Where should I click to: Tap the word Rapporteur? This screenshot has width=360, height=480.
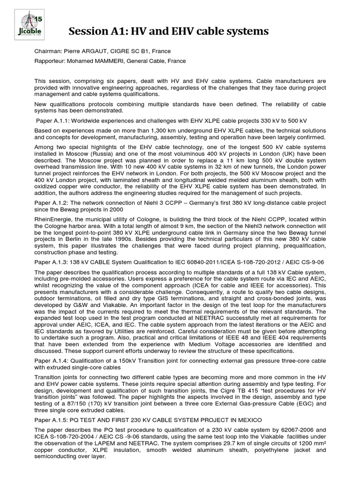coord(50,61)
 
